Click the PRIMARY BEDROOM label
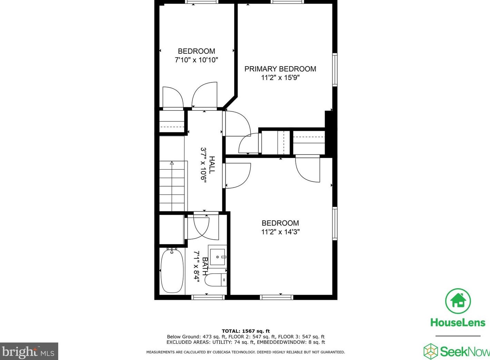pyautogui.click(x=280, y=69)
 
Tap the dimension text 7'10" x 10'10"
pyautogui.click(x=196, y=60)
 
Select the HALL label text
pyautogui.click(x=212, y=165)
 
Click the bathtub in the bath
pyautogui.click(x=172, y=271)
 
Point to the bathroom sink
pyautogui.click(x=218, y=257)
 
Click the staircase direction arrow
pyautogui.click(x=172, y=163)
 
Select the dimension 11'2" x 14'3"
pyautogui.click(x=280, y=232)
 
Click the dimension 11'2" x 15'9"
pyautogui.click(x=280, y=78)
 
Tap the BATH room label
pyautogui.click(x=205, y=266)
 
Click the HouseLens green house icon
pyautogui.click(x=458, y=301)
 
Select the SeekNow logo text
pyautogui.click(x=464, y=352)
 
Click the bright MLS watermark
pyautogui.click(x=29, y=352)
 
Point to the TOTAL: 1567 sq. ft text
pyautogui.click(x=246, y=331)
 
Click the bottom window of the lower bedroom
pyautogui.click(x=277, y=297)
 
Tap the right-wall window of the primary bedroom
pyautogui.click(x=334, y=69)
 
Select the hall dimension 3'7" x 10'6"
pyautogui.click(x=203, y=164)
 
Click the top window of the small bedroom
pyautogui.click(x=202, y=2)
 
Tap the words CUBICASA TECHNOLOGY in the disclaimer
pyautogui.click(x=231, y=352)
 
